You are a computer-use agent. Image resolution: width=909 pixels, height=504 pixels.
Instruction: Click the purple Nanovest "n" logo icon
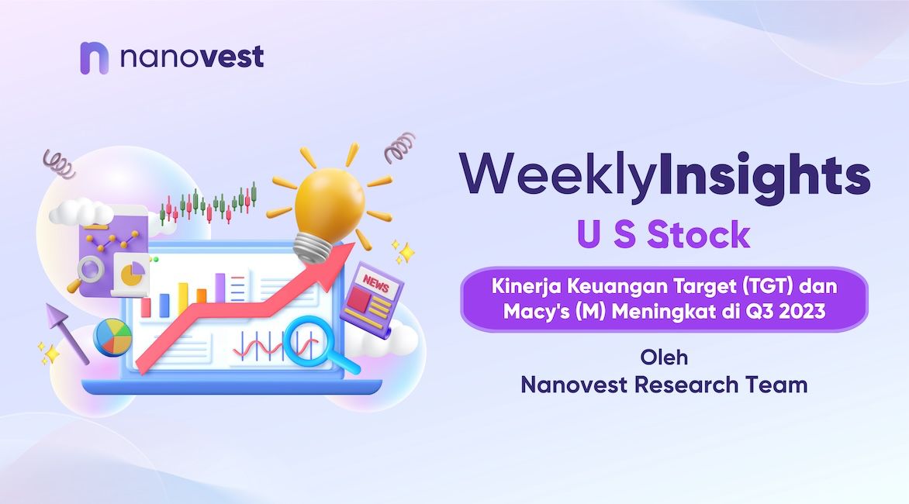pos(94,58)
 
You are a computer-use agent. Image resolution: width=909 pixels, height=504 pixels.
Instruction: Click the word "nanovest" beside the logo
pos(192,57)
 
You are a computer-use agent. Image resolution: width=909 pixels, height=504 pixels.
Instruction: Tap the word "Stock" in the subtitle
pos(699,235)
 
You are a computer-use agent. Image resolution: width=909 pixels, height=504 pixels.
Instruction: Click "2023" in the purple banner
pos(802,312)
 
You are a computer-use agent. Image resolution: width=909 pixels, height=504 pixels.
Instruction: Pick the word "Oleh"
pos(665,357)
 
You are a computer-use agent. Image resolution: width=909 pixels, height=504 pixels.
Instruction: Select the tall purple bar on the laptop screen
pos(219,288)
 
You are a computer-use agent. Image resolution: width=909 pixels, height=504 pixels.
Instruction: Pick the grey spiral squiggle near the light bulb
pos(400,147)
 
